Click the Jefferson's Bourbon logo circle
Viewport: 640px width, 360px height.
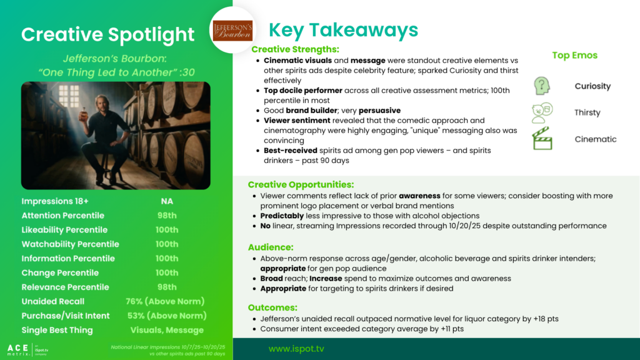coord(232,30)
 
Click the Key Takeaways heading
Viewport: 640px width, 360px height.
coord(343,30)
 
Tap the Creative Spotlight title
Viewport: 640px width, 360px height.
coord(107,34)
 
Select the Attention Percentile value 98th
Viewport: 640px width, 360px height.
coord(167,216)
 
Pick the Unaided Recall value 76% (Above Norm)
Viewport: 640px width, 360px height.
coord(165,301)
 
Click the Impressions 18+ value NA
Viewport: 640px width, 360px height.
coord(167,201)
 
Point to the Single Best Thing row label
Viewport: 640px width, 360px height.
coord(57,330)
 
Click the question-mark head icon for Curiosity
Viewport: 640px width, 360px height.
coord(542,86)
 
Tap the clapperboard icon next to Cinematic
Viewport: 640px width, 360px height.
coord(542,138)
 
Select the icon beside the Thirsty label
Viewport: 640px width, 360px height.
coord(542,112)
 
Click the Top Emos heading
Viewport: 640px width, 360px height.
coord(575,55)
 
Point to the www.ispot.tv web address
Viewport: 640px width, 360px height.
coord(296,349)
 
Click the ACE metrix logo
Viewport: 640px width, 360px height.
coord(27,349)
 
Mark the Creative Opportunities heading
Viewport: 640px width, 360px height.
coord(301,184)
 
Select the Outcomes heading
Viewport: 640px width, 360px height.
coord(272,307)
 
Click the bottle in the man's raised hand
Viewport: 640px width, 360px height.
coord(84,114)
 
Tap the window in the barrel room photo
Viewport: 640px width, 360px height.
coord(69,96)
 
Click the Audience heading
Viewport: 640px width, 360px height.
coord(271,247)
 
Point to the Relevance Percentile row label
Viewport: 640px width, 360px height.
coord(65,287)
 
